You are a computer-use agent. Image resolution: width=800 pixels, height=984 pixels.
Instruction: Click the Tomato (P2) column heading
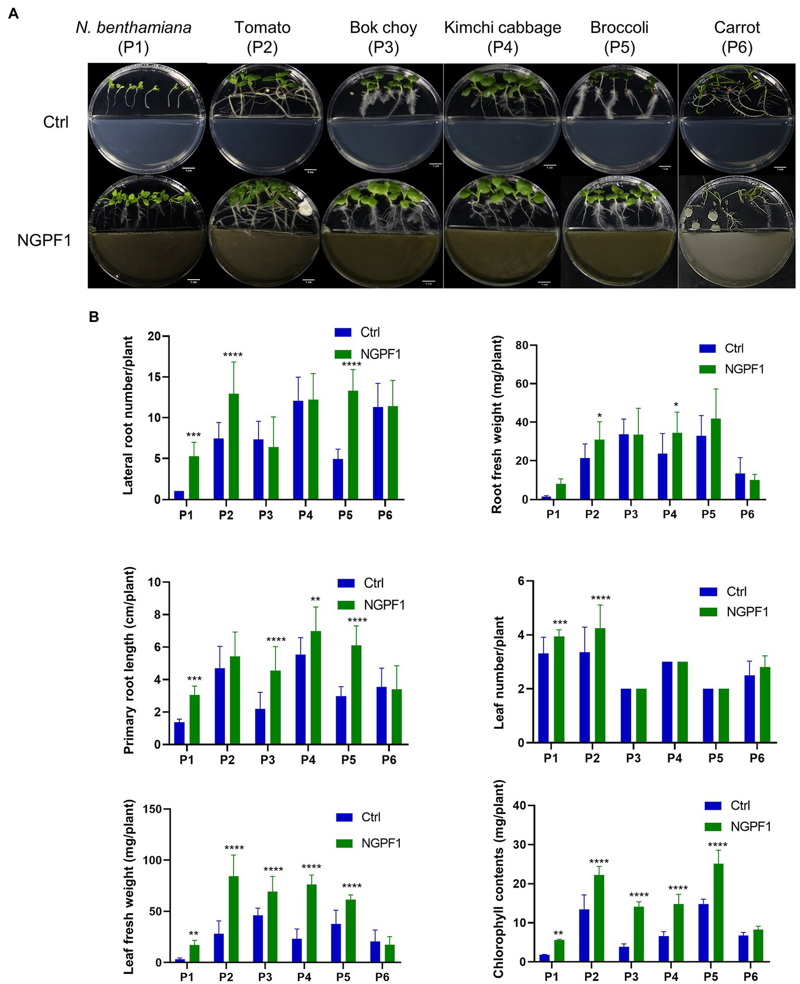tap(262, 37)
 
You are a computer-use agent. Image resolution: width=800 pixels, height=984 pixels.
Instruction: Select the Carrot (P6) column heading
tap(737, 37)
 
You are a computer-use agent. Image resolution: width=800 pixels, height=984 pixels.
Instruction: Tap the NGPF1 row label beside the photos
tap(44, 240)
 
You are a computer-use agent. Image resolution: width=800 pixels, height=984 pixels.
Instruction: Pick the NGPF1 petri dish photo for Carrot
tap(737, 232)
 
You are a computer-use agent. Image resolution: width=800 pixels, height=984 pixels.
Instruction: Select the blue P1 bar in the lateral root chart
tap(179, 495)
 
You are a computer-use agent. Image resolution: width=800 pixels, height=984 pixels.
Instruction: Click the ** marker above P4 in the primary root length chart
tap(315, 600)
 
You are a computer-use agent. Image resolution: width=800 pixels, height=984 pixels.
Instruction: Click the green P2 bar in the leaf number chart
tap(599, 686)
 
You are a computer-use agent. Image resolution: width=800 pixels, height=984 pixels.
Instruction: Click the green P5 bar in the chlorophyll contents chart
tap(719, 913)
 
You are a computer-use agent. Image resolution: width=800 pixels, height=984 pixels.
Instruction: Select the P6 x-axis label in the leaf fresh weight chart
tap(382, 976)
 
